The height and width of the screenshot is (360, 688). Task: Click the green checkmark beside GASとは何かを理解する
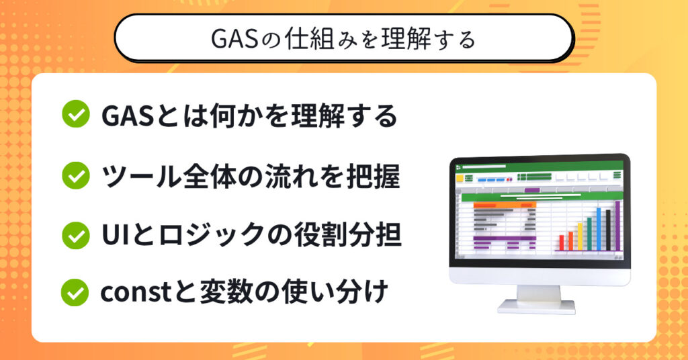[x=76, y=114]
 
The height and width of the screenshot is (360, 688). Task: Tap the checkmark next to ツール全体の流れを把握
[x=76, y=175]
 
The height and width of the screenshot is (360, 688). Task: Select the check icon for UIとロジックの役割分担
[x=76, y=235]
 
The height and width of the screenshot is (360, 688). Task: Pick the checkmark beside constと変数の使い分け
[x=75, y=292]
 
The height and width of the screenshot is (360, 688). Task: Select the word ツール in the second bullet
[x=141, y=176]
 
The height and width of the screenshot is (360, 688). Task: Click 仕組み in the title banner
[x=322, y=40]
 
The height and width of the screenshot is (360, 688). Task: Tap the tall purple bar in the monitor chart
[x=617, y=226]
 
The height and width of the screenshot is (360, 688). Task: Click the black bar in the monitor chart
[x=607, y=230]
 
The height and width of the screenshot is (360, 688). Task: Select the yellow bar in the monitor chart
[x=580, y=236]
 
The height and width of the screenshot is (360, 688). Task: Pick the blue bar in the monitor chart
[x=599, y=229]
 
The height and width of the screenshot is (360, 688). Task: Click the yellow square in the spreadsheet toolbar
[x=460, y=179]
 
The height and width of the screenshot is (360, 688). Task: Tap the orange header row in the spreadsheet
[x=505, y=205]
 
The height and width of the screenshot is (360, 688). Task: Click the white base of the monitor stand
[x=537, y=306]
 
